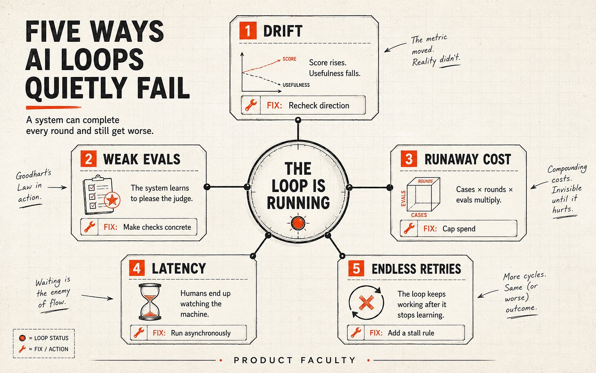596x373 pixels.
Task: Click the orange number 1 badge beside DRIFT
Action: click(248, 31)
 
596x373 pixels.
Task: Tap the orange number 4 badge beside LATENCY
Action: click(137, 268)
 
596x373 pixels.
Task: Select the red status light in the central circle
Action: click(298, 223)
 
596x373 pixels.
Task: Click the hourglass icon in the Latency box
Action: click(150, 302)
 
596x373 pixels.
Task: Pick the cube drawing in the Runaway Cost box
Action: click(423, 194)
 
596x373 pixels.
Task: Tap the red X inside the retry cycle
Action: click(366, 303)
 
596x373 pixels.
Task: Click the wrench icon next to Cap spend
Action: click(409, 228)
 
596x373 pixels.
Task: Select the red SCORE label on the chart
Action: click(289, 59)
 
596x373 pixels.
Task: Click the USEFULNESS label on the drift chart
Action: click(296, 85)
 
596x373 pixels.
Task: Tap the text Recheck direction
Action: click(319, 106)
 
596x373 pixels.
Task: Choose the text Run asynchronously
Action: click(201, 333)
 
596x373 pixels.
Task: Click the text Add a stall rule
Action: click(411, 333)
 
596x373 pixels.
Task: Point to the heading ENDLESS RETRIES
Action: click(416, 269)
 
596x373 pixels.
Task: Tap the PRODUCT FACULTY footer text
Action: click(295, 360)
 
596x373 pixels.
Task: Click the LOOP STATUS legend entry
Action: click(44, 338)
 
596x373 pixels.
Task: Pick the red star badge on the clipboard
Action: click(112, 200)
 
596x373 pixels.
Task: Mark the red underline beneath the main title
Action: click(54, 108)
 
